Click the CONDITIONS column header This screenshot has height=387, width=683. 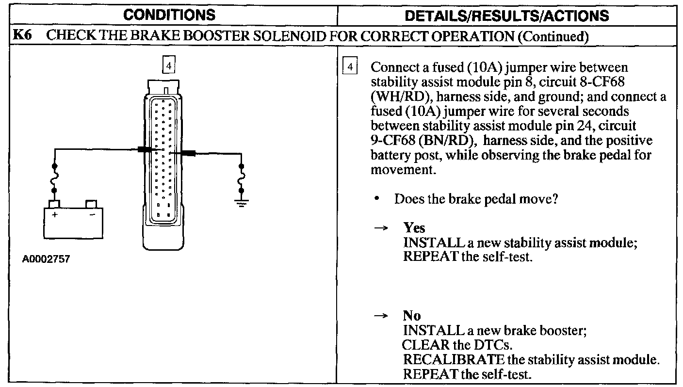(x=169, y=15)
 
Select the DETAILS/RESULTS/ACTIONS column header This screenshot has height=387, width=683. (x=507, y=16)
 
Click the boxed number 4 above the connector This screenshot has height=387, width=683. (x=168, y=65)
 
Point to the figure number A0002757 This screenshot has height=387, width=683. (x=46, y=259)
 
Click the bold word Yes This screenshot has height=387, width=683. (x=414, y=228)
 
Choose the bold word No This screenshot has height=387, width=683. (x=412, y=316)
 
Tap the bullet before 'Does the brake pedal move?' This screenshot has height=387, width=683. (x=376, y=199)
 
